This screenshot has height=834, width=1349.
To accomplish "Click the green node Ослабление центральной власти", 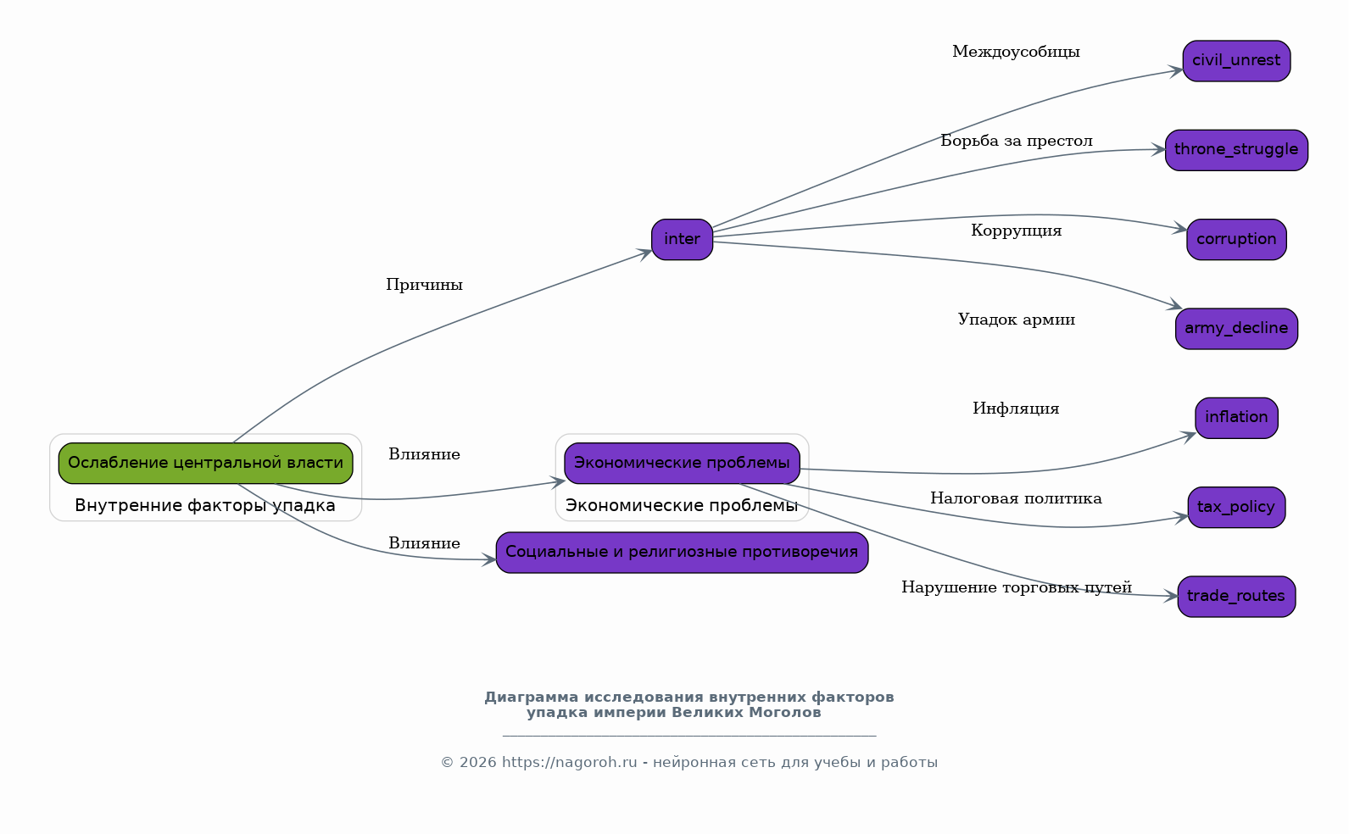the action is (x=205, y=463).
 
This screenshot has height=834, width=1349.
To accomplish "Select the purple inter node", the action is (x=682, y=240).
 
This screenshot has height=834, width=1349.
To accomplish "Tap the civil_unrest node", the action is (x=1236, y=61).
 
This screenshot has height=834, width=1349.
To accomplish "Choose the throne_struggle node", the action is (x=1236, y=150).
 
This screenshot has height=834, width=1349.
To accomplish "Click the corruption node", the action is (x=1236, y=240).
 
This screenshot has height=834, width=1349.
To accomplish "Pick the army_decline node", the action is (x=1236, y=329).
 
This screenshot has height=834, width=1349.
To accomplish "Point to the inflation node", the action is (x=1236, y=418).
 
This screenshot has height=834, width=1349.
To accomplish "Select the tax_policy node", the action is (x=1236, y=507).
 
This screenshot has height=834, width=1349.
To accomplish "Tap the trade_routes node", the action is (x=1236, y=596).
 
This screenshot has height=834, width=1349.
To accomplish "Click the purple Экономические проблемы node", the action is (x=682, y=463).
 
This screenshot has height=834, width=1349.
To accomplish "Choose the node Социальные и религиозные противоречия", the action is (x=682, y=553).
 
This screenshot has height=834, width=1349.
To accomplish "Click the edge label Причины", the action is (x=425, y=285).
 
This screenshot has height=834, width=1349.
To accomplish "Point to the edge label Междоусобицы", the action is (x=1016, y=52).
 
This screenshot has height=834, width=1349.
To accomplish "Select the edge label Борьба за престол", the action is (x=1017, y=141).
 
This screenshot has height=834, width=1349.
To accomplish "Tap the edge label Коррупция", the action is (x=1017, y=231).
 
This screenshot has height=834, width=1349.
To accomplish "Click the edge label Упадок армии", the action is (x=1017, y=320).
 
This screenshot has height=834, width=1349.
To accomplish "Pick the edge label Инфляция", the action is (x=1016, y=409).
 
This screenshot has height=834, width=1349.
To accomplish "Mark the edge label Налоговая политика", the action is (x=1016, y=498).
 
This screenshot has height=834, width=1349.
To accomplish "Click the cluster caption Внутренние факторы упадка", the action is (x=204, y=506).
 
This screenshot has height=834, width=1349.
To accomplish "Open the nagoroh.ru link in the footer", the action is (x=569, y=762).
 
